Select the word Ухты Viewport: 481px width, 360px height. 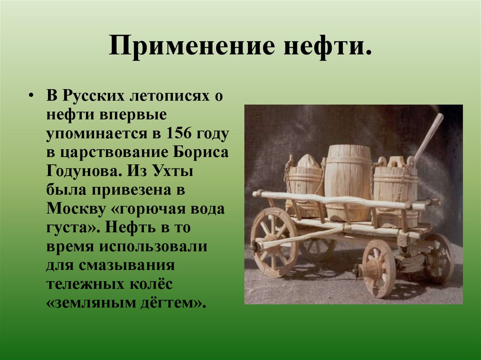pos(171,171)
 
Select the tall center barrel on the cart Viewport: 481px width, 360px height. pos(348,181)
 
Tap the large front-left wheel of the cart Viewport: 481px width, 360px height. pos(274,242)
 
